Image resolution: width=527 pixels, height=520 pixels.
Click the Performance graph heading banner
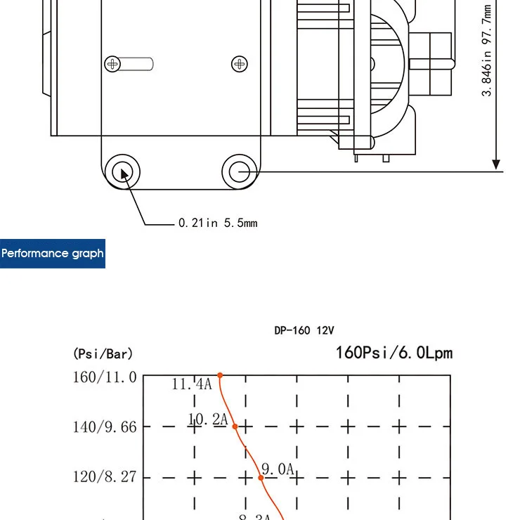[53, 253]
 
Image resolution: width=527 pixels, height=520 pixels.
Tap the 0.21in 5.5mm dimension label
[218, 223]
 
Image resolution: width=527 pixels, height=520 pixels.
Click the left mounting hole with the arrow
[123, 171]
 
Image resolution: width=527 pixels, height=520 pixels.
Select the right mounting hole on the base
[240, 171]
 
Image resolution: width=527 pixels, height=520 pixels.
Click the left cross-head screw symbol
[112, 65]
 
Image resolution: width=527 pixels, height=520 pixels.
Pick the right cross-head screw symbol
[240, 65]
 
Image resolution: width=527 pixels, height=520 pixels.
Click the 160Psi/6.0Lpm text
[393, 352]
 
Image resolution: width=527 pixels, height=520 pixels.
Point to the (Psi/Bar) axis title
[103, 353]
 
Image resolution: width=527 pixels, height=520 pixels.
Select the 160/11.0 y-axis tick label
[105, 377]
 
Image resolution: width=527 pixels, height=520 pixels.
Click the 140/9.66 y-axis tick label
[105, 427]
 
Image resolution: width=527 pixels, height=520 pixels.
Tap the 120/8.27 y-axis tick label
[105, 478]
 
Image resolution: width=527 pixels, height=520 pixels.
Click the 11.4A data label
[191, 384]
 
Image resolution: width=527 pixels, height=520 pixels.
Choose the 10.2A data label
[208, 420]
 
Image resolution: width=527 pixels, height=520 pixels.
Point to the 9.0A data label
[277, 469]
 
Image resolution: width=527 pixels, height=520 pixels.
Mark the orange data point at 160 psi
[220, 375]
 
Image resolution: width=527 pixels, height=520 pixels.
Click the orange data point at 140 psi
[235, 426]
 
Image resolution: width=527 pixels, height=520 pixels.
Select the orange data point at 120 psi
[261, 477]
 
